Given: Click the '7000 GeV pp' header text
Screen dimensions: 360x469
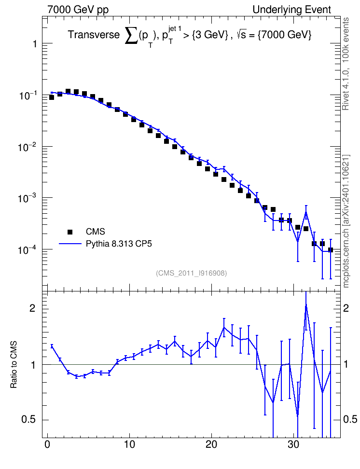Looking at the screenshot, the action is point(78,10).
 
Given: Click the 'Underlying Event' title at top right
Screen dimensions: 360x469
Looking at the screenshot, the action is point(292,10).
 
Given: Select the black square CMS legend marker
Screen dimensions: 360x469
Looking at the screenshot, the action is point(70,232).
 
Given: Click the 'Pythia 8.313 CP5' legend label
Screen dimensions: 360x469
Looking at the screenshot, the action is point(119,244).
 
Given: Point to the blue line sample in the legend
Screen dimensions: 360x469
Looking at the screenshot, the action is point(70,244).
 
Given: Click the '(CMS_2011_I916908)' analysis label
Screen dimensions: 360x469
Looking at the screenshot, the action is point(191,273).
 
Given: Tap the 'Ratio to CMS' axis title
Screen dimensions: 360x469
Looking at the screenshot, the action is point(14,365).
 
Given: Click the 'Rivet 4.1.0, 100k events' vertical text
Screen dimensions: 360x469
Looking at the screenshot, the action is point(346,64).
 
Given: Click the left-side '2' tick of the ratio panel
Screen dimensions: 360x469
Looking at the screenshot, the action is point(32,308).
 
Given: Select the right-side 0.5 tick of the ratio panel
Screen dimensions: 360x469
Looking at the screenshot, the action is point(350,419).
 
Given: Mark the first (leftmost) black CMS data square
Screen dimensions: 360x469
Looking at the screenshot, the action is point(52,97).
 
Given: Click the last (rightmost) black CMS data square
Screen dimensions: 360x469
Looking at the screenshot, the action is point(331,250).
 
